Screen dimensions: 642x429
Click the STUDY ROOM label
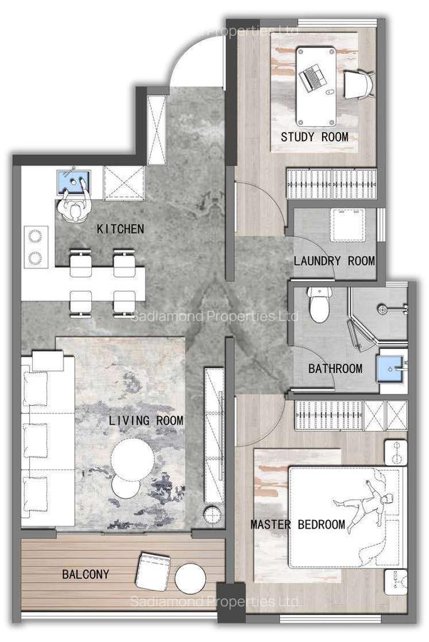[x=314, y=137]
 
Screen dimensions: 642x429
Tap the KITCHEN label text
[x=120, y=229]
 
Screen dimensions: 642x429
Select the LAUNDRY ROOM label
[x=334, y=261]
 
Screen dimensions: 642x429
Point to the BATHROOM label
[x=335, y=369]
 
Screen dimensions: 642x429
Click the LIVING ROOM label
[x=146, y=421]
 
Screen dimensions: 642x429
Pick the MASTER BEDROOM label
[x=298, y=525]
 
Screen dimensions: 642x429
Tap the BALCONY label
[x=86, y=574]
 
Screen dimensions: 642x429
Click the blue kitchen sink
[x=73, y=183]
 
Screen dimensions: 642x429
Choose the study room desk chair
[x=358, y=83]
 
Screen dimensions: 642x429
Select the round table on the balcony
[x=191, y=576]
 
